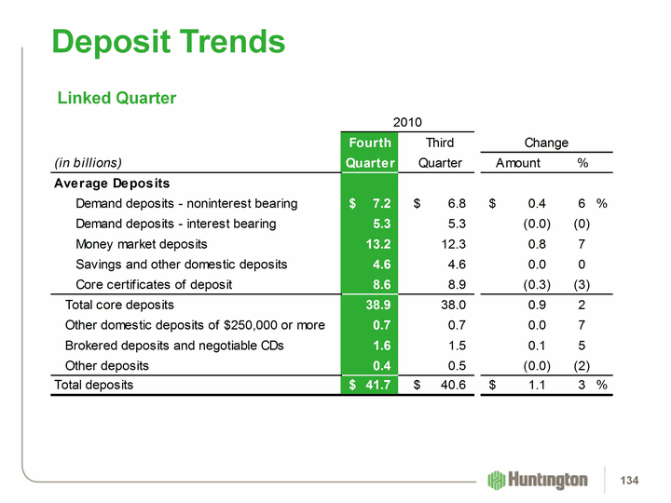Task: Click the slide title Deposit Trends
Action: [169, 42]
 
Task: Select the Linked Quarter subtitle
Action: [116, 98]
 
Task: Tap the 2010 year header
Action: [407, 122]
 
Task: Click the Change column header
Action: [546, 143]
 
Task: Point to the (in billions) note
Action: [89, 162]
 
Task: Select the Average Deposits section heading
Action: [117, 183]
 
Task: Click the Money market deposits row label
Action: [154, 244]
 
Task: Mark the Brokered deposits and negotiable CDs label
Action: [181, 345]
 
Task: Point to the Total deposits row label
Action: [94, 385]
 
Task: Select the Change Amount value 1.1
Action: [538, 385]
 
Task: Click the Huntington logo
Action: [538, 480]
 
